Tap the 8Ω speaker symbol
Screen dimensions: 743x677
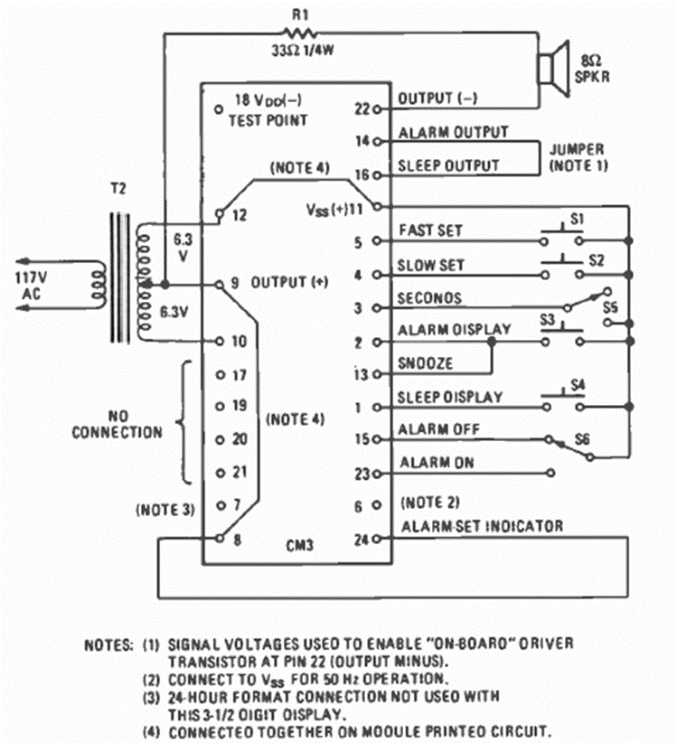[x=550, y=67]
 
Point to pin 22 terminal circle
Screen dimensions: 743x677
[x=389, y=108]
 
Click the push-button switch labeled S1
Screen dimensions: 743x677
[x=561, y=236]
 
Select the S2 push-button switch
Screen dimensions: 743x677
[x=561, y=270]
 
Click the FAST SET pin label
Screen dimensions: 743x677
[x=430, y=230]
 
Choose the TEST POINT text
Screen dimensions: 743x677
[x=268, y=120]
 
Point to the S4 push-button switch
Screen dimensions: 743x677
[x=561, y=396]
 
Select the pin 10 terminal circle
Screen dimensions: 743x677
[x=219, y=341]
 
